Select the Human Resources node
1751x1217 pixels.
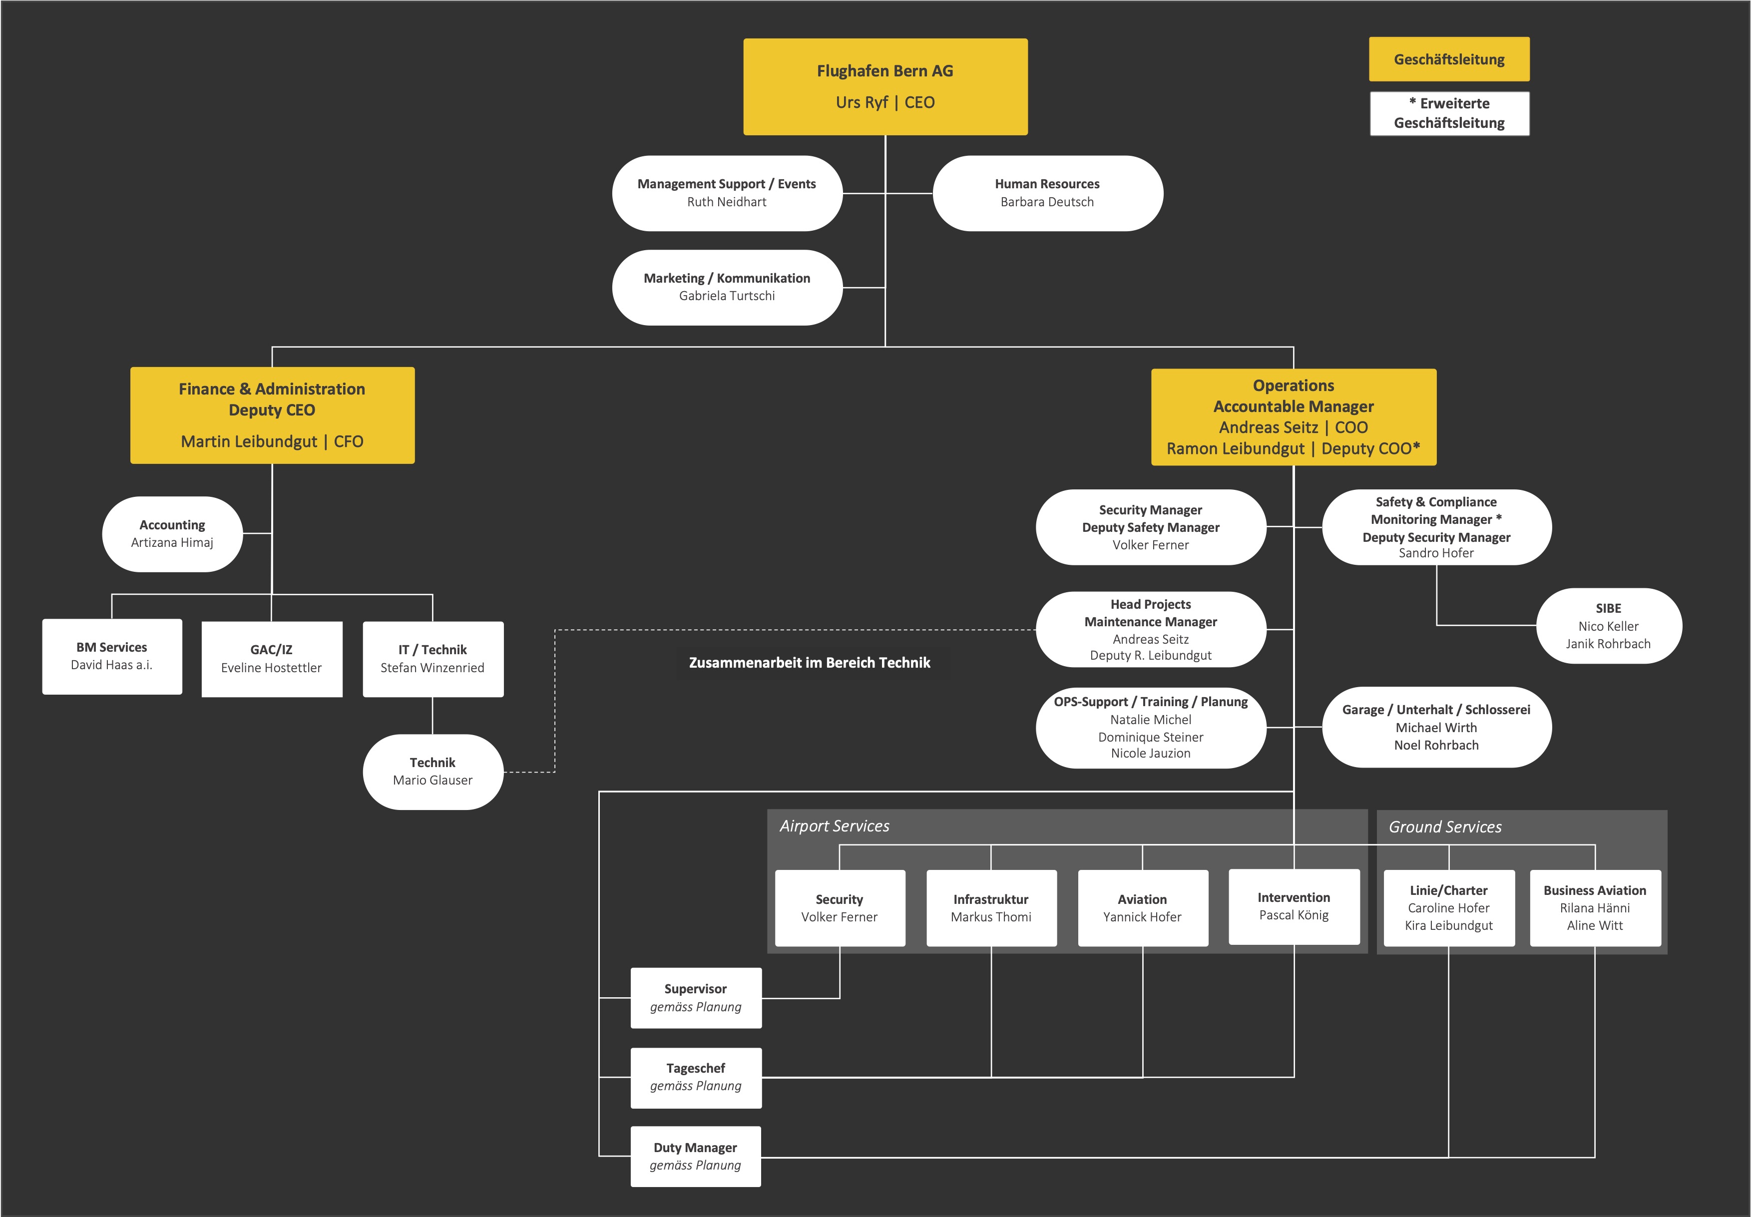1047,193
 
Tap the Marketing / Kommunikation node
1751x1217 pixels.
727,288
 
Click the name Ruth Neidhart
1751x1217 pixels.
727,202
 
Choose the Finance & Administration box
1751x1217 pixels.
272,415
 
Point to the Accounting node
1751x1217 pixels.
172,534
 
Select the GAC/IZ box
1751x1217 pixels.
272,659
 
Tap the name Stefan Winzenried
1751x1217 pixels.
433,668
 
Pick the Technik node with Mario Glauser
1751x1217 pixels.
433,772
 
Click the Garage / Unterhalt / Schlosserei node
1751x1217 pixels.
1436,728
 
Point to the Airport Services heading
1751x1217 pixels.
835,826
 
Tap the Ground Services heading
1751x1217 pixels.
1445,826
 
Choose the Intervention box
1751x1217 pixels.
1294,907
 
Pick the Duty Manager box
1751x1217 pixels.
696,1156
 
